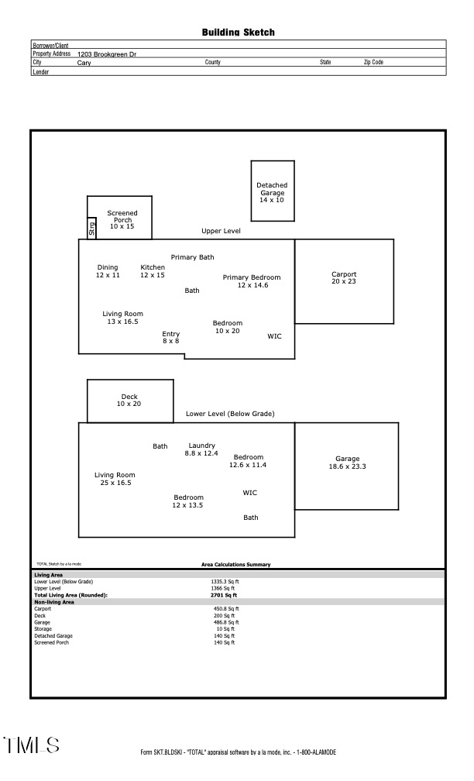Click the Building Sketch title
pyautogui.click(x=238, y=33)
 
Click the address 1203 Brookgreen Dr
pyautogui.click(x=107, y=54)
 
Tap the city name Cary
pyautogui.click(x=84, y=63)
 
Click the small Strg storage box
pyautogui.click(x=91, y=229)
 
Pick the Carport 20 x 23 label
pyautogui.click(x=344, y=277)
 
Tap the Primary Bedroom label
pyautogui.click(x=252, y=281)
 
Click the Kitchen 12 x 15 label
pyautogui.click(x=153, y=271)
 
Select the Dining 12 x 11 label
pyautogui.click(x=108, y=271)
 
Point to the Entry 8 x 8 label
pyautogui.click(x=170, y=337)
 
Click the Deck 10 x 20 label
pyautogui.click(x=129, y=400)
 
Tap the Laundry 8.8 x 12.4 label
pyautogui.click(x=201, y=449)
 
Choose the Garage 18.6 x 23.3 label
pyautogui.click(x=347, y=463)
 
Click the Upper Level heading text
pyautogui.click(x=221, y=231)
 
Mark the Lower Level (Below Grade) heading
pyautogui.click(x=230, y=414)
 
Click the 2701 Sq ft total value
pyautogui.click(x=224, y=595)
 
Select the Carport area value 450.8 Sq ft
pyautogui.click(x=226, y=609)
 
